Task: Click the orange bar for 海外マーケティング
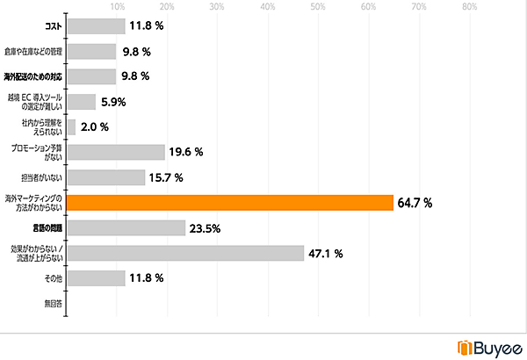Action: (229, 203)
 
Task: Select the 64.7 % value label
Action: (415, 203)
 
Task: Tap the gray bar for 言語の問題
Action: (126, 228)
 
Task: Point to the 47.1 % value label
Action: (325, 254)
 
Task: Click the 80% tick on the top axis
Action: (469, 8)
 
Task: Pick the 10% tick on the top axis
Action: (117, 8)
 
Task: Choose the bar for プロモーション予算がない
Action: (116, 152)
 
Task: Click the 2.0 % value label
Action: (94, 127)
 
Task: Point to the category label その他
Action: (54, 279)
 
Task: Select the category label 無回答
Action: (53, 304)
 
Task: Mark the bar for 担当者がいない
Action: (106, 177)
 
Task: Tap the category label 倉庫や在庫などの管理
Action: (33, 52)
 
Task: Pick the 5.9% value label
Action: (112, 102)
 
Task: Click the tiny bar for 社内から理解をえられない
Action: (71, 127)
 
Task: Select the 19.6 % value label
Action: (186, 152)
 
